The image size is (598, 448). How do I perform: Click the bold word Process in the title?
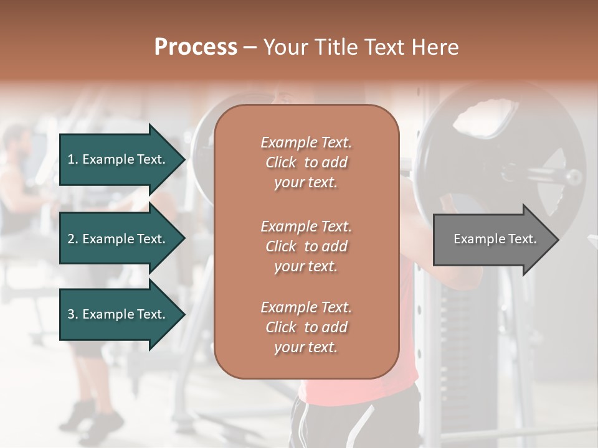(196, 47)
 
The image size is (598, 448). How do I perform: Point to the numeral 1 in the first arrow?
(70, 159)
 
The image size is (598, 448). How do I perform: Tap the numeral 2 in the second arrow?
(70, 239)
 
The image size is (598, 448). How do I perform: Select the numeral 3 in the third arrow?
(70, 314)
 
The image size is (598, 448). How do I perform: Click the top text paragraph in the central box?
(306, 162)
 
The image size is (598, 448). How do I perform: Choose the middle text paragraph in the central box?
(306, 246)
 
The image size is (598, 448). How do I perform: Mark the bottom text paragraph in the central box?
(306, 327)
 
